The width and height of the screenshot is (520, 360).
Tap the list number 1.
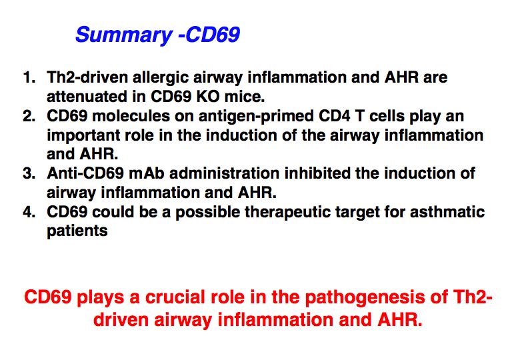[x=29, y=77]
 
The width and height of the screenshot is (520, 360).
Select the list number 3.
[x=29, y=173]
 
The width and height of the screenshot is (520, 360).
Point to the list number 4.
[x=29, y=212]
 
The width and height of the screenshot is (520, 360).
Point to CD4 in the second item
[x=334, y=116]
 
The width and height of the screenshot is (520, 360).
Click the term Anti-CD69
[x=85, y=173]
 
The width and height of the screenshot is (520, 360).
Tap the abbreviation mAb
[x=146, y=173]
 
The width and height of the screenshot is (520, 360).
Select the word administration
[x=224, y=173]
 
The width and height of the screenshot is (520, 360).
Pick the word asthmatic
[x=447, y=212]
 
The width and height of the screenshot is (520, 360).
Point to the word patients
[x=77, y=232]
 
